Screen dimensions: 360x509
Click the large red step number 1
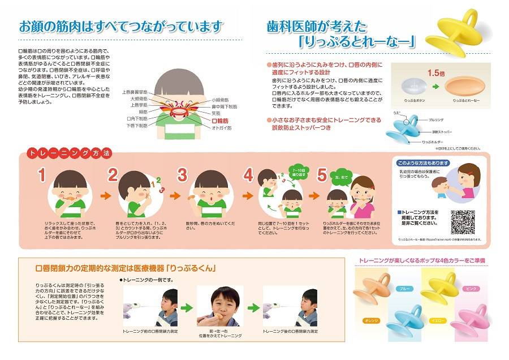(41, 175)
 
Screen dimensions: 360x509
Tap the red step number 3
(182, 175)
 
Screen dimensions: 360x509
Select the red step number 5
(322, 175)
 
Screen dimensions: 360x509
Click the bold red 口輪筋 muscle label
(220, 121)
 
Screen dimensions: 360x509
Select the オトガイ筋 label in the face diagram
(221, 128)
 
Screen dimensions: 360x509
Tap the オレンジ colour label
(371, 320)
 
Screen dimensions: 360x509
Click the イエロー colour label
(438, 320)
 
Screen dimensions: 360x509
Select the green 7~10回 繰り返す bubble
(299, 172)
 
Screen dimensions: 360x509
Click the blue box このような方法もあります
(424, 163)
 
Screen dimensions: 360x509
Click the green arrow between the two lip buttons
(435, 88)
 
